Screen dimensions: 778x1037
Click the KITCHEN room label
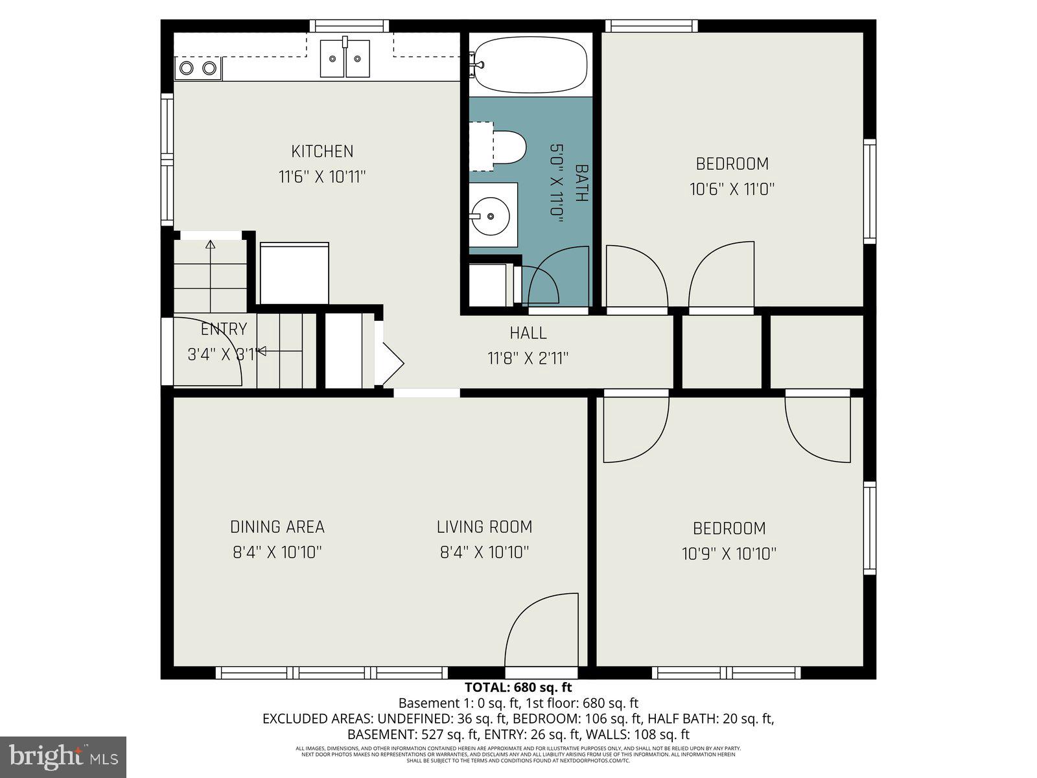click(322, 151)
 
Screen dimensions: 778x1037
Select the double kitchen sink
click(345, 58)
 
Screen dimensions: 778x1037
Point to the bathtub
click(530, 64)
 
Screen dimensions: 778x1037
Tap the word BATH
click(581, 183)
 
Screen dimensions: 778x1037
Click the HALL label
click(528, 333)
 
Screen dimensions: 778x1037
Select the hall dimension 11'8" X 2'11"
click(528, 358)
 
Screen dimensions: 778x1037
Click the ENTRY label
click(224, 329)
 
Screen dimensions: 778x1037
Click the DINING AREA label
click(277, 527)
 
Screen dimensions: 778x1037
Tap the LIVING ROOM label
click(484, 527)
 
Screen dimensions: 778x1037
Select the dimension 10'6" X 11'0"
click(732, 189)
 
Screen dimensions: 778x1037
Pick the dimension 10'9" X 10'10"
click(729, 554)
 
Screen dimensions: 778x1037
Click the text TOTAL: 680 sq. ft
click(518, 687)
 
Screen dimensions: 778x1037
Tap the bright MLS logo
click(63, 757)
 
